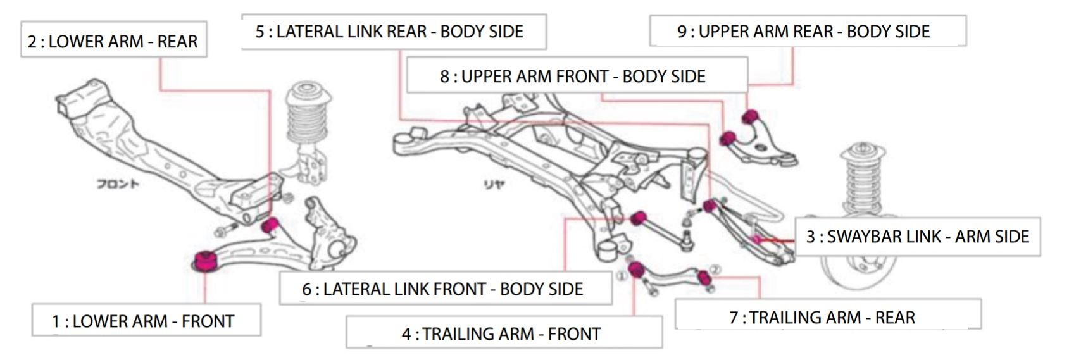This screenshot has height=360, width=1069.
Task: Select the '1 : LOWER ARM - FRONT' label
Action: click(146, 320)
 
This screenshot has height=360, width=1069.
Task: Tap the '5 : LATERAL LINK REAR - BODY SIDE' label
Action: click(393, 32)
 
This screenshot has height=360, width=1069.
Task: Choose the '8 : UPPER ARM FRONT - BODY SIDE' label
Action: click(576, 76)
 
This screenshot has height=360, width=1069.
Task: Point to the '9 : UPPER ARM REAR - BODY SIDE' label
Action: click(807, 31)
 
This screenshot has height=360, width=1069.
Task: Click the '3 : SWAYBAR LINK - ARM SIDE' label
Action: click(917, 237)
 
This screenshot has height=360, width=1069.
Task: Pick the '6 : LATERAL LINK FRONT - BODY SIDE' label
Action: click(445, 289)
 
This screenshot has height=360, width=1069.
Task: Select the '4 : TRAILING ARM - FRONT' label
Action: click(504, 333)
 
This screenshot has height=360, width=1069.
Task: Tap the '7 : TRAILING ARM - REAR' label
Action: click(827, 316)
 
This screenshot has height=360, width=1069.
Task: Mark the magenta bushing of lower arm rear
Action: click(270, 225)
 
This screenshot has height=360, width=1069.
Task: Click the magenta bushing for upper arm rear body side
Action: click(750, 116)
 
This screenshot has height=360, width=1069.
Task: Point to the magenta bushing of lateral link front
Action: click(639, 218)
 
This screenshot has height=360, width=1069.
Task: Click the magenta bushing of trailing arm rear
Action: click(703, 276)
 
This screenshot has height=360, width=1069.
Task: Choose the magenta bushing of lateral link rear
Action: click(710, 206)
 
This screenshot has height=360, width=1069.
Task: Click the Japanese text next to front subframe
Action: click(118, 184)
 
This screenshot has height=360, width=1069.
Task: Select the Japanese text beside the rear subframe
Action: click(493, 185)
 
